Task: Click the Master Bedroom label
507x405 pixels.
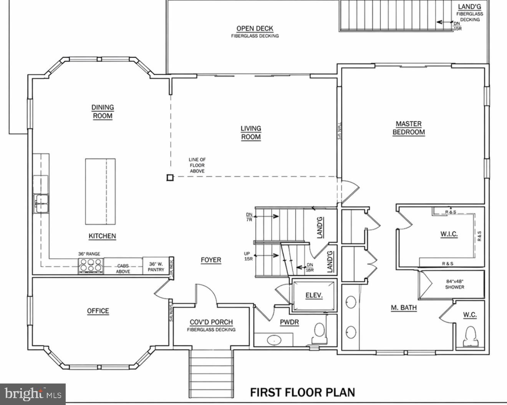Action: (x=408, y=128)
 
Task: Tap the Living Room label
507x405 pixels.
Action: (x=250, y=132)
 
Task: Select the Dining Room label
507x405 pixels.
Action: (x=103, y=111)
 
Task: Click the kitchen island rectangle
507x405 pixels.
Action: (x=100, y=191)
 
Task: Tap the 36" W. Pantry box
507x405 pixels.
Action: (x=156, y=266)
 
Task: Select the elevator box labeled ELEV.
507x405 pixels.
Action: (x=314, y=295)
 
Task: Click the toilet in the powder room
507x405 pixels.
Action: (x=318, y=332)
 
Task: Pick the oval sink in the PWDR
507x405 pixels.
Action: (x=273, y=340)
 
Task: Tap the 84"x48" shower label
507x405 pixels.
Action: (x=454, y=284)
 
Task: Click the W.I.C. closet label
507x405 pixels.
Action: (x=449, y=234)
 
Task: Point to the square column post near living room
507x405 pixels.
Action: (x=170, y=177)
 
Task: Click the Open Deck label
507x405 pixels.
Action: (x=255, y=31)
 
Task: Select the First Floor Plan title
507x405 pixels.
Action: (x=302, y=392)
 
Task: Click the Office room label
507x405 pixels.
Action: (x=98, y=311)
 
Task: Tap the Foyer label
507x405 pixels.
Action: (x=211, y=260)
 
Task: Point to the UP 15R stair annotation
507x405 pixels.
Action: (x=248, y=256)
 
